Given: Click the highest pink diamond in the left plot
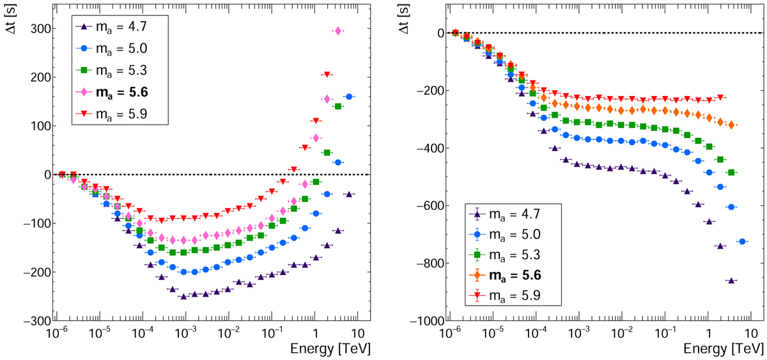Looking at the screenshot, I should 338,31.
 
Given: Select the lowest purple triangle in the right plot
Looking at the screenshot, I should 731,280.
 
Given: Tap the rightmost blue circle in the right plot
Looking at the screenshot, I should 743,241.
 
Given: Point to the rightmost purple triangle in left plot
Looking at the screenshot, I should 349,194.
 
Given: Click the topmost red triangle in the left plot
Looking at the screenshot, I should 327,75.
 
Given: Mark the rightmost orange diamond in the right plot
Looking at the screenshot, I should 731,125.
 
